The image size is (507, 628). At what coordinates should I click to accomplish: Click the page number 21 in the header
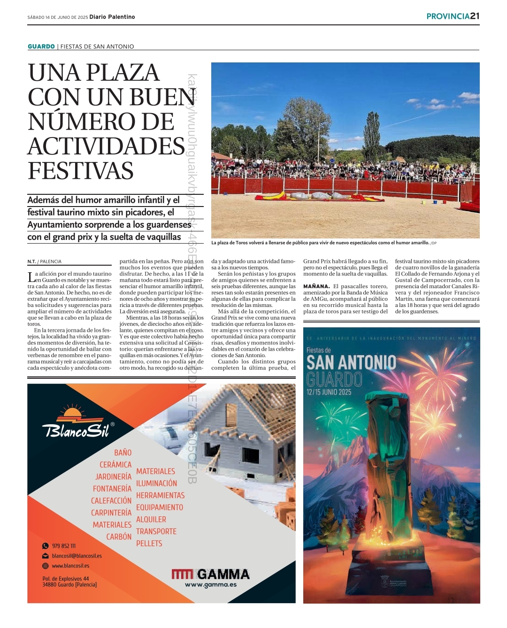(475, 16)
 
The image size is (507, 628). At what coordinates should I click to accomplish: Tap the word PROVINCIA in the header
(447, 16)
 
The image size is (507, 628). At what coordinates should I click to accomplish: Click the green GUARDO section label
(41, 46)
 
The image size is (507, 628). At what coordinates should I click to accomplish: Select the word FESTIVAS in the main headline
(81, 171)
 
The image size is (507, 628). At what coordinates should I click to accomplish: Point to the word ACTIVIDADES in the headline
(107, 146)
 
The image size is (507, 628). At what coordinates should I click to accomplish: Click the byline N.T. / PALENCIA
(45, 261)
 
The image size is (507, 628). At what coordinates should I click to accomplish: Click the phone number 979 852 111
(63, 546)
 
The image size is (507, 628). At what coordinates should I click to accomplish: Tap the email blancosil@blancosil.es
(77, 556)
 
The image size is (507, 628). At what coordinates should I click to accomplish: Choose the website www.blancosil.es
(70, 566)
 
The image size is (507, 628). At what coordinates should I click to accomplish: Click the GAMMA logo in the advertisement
(210, 574)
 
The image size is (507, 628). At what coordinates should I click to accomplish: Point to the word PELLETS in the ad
(149, 544)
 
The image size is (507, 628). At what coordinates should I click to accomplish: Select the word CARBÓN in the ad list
(119, 536)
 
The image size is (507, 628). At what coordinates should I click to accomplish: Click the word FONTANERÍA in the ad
(112, 489)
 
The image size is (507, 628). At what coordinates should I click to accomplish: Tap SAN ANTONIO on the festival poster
(351, 363)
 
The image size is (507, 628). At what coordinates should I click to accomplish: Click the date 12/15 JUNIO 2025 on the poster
(329, 392)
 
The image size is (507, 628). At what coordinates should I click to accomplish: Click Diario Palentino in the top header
(112, 17)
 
